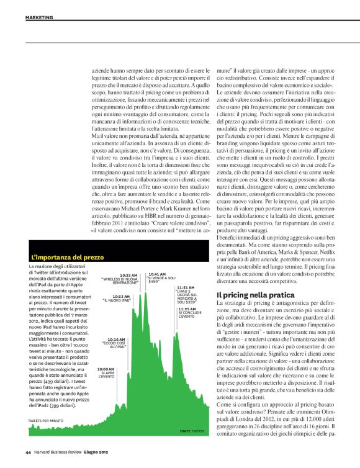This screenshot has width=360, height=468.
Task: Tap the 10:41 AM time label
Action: click(156, 274)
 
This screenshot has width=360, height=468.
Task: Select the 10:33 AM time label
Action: click(128, 274)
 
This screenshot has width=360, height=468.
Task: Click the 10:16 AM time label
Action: click(115, 339)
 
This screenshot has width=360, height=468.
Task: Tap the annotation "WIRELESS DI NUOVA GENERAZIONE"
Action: click(120, 281)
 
